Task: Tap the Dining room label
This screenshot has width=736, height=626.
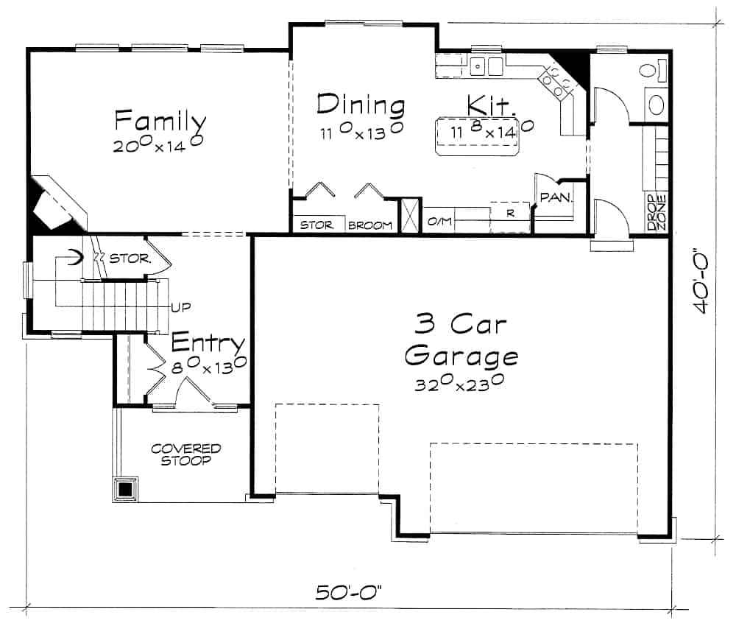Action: tap(360, 105)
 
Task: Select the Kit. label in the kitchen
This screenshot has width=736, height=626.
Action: tap(492, 105)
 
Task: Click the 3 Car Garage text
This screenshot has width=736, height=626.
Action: tap(461, 340)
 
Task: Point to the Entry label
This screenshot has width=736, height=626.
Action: tap(208, 343)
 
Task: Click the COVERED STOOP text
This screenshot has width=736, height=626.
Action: tap(185, 454)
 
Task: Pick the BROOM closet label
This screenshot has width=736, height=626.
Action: tap(369, 225)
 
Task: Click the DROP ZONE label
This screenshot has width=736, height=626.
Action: tap(657, 213)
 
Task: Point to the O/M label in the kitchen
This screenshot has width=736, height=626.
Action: tap(439, 222)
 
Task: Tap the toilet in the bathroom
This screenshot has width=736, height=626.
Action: tap(648, 72)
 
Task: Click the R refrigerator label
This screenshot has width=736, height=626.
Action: tap(509, 214)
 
